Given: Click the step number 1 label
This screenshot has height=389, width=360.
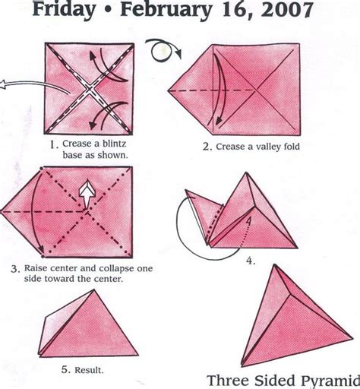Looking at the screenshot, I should (x=54, y=143).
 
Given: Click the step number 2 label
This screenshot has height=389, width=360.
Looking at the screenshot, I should (x=206, y=147).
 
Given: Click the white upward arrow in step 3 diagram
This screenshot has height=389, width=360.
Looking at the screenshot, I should (x=88, y=192).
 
